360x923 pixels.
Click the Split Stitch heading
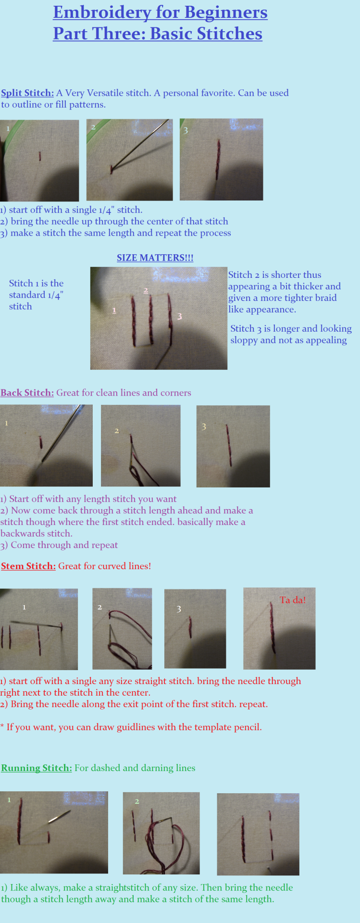click(27, 93)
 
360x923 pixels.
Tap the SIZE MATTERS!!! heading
click(155, 258)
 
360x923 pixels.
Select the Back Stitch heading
click(27, 393)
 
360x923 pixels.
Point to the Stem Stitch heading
click(28, 566)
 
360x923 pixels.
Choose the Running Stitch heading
click(37, 768)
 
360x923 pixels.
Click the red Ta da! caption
click(293, 600)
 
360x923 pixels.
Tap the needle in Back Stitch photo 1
click(62, 433)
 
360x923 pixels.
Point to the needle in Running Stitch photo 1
click(59, 817)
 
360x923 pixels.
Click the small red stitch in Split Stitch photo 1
click(40, 157)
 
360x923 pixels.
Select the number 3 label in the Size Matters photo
click(179, 316)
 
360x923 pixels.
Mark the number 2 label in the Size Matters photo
click(146, 290)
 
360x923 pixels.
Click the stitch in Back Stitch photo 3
click(229, 445)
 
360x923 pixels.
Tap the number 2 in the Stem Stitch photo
click(99, 607)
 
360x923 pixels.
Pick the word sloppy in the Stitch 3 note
click(244, 341)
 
